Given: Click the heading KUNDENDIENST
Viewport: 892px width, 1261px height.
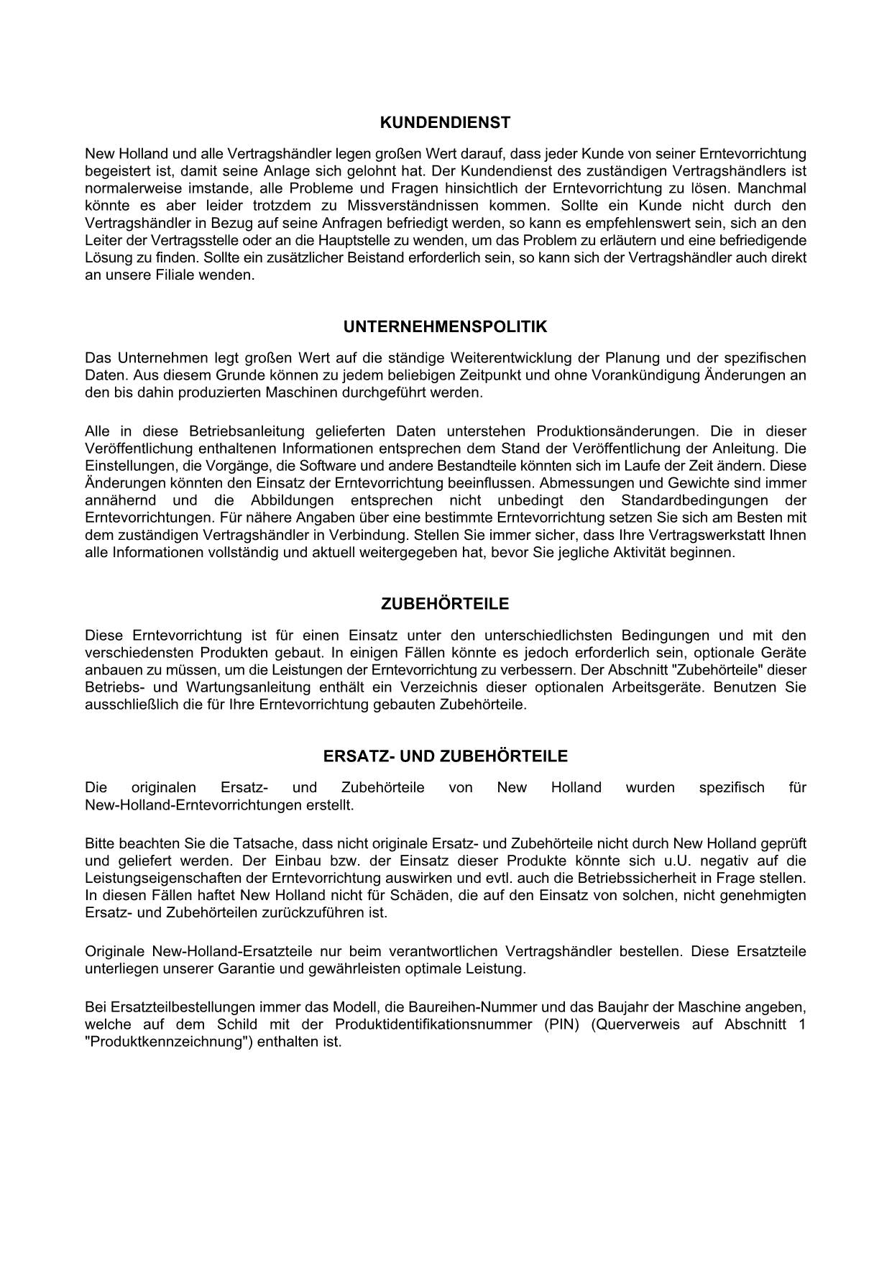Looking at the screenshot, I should click(x=445, y=123).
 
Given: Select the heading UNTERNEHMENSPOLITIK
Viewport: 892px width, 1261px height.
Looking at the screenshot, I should click(x=445, y=327).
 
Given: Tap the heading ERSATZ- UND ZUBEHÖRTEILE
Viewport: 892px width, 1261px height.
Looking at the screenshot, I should click(x=445, y=756).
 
